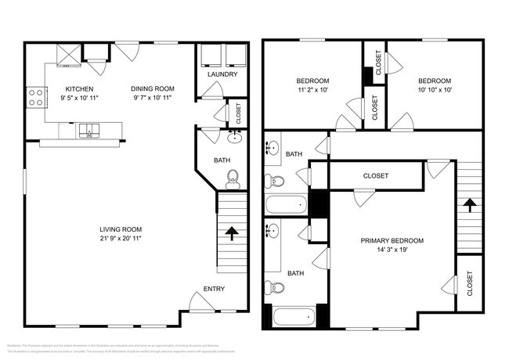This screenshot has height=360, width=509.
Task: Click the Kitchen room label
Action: click(x=80, y=88)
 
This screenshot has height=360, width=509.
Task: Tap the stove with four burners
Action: click(x=35, y=96)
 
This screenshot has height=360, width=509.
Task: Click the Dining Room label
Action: click(x=153, y=88)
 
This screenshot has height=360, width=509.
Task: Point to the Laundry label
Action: click(x=222, y=75)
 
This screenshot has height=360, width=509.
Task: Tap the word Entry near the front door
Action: click(x=214, y=289)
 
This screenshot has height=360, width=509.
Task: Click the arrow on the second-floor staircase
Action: click(x=469, y=206)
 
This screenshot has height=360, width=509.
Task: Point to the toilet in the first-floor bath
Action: click(x=232, y=182)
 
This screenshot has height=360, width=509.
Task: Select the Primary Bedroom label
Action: click(x=392, y=240)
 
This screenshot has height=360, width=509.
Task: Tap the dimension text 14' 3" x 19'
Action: click(x=392, y=250)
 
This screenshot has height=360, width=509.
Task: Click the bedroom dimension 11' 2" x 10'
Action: click(x=312, y=91)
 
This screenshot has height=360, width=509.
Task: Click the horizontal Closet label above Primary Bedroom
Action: click(x=376, y=176)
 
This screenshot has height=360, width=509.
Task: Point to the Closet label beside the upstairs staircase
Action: click(x=470, y=283)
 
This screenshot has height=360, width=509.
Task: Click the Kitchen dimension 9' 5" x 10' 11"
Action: click(x=80, y=99)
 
